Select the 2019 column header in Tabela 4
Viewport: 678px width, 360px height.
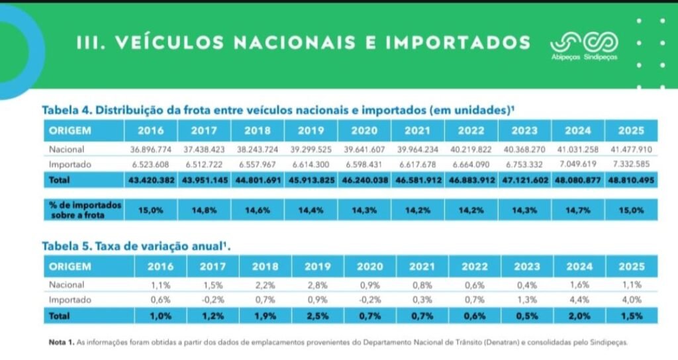(311, 130)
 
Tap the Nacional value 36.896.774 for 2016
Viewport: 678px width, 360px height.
(151, 150)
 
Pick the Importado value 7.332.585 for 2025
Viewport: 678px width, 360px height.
(631, 164)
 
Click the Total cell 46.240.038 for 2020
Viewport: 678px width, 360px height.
(365, 180)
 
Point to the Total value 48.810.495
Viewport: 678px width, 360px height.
(631, 180)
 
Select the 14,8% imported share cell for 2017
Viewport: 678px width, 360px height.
(204, 210)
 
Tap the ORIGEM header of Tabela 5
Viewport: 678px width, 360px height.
(70, 266)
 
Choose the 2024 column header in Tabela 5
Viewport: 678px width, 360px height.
(579, 266)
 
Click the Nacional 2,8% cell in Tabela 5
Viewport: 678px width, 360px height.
(317, 285)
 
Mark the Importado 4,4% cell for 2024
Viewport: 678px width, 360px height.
(579, 300)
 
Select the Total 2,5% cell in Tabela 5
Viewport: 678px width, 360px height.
(317, 316)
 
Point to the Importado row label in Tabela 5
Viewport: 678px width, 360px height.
(70, 300)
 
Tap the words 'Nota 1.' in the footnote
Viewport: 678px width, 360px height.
(62, 342)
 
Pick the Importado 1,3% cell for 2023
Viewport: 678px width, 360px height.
(526, 300)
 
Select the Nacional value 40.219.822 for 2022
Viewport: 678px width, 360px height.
(471, 150)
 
